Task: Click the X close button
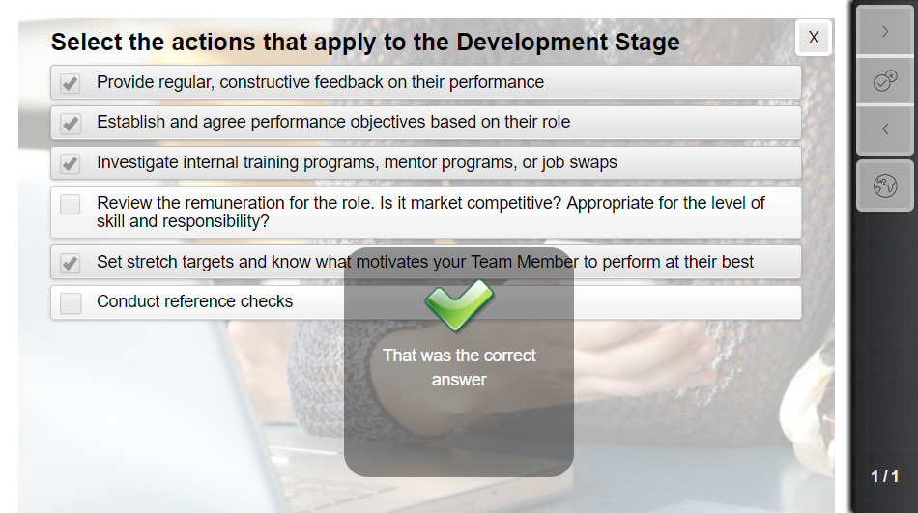pyautogui.click(x=814, y=38)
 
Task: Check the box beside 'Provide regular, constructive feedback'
pyautogui.click(x=71, y=83)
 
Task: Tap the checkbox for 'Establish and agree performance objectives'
pyautogui.click(x=71, y=123)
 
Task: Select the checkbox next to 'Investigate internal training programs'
pyautogui.click(x=71, y=163)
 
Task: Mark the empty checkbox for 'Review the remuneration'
pyautogui.click(x=71, y=205)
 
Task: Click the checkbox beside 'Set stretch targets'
pyautogui.click(x=71, y=263)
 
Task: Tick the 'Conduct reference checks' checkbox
pyautogui.click(x=71, y=303)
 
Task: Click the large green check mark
pyautogui.click(x=459, y=304)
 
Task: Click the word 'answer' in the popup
pyautogui.click(x=459, y=380)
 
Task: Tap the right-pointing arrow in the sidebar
pyautogui.click(x=885, y=32)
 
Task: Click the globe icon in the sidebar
pyautogui.click(x=885, y=186)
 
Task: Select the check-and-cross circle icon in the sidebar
pyautogui.click(x=885, y=81)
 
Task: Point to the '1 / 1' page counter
pyautogui.click(x=884, y=476)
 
